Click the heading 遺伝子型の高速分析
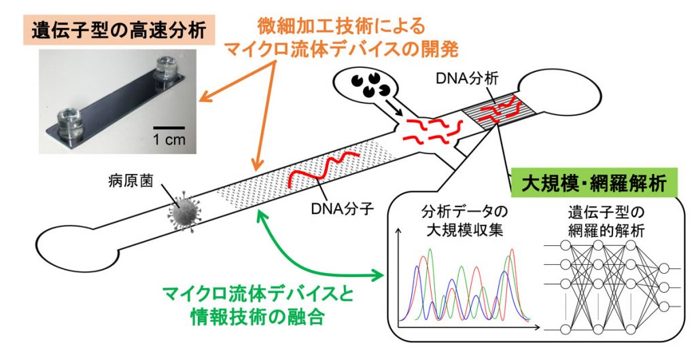[118, 31]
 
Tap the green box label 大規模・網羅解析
[594, 183]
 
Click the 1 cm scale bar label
[169, 139]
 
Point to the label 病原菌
[130, 181]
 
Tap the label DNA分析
[467, 79]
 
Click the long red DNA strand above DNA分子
[321, 170]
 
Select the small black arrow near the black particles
[394, 108]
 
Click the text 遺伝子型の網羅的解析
[606, 221]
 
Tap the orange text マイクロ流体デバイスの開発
[342, 49]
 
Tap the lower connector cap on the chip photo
[70, 122]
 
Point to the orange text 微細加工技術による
[341, 26]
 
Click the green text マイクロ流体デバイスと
[258, 293]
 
